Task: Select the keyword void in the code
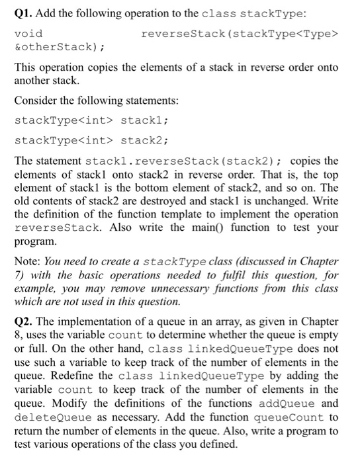pyautogui.click(x=28, y=33)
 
